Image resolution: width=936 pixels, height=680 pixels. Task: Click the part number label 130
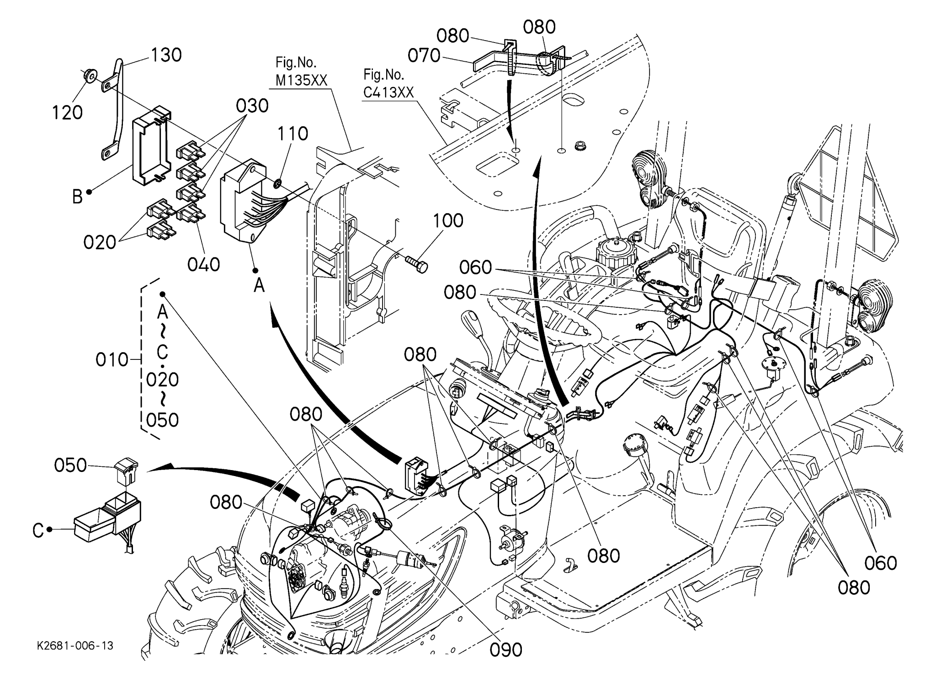click(x=166, y=55)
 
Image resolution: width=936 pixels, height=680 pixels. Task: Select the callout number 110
click(x=292, y=134)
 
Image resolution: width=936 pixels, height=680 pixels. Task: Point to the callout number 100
click(x=448, y=221)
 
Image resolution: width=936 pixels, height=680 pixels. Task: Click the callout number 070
click(x=424, y=56)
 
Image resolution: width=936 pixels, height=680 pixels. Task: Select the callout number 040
click(x=204, y=264)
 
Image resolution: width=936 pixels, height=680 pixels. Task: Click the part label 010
click(x=112, y=360)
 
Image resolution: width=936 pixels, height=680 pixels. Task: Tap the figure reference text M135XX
click(x=301, y=80)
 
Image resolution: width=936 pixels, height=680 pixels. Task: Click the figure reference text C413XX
click(x=388, y=93)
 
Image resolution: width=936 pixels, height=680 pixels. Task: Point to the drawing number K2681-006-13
click(x=75, y=646)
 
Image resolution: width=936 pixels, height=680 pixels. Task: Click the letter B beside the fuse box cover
click(x=77, y=197)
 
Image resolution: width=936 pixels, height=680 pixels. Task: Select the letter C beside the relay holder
click(x=38, y=530)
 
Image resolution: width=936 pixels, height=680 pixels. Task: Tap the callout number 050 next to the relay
click(x=70, y=465)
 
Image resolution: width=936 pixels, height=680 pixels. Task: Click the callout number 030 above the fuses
click(x=252, y=106)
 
